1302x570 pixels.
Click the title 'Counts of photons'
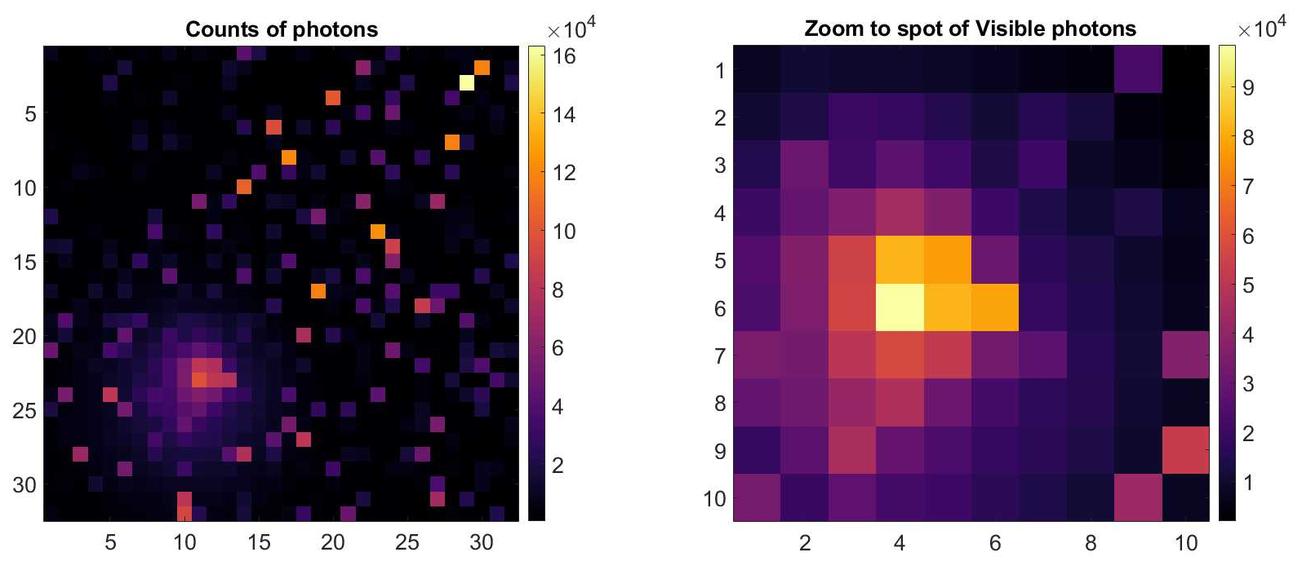point(282,29)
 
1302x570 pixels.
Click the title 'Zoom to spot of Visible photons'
point(970,29)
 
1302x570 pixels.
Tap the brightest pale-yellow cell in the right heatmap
point(900,307)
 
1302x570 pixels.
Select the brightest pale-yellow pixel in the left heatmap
point(467,82)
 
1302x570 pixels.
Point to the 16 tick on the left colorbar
point(564,56)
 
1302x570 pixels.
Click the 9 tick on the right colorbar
point(1248,88)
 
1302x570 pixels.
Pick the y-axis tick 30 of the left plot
point(24,484)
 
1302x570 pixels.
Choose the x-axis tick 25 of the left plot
point(407,542)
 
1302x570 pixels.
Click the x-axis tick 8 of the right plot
point(1090,542)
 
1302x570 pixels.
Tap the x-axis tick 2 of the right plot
point(805,542)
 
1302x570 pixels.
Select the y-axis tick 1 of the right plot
point(719,70)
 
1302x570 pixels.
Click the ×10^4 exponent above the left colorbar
point(571,29)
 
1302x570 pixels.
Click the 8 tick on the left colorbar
point(558,290)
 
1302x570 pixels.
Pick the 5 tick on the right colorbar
point(1248,285)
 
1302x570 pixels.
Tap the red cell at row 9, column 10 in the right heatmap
point(1185,450)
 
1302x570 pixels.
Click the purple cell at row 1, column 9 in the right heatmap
point(1138,70)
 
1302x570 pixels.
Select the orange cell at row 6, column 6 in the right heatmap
point(995,307)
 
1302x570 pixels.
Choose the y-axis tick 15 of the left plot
point(24,262)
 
